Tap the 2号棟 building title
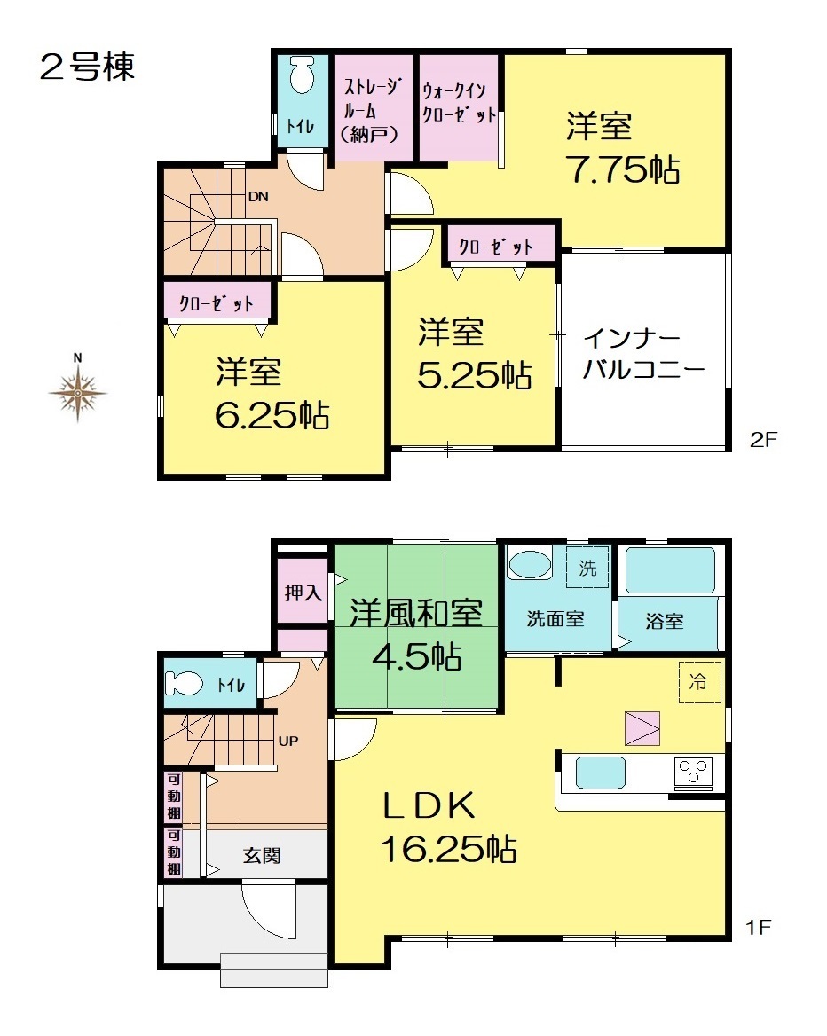(x=87, y=67)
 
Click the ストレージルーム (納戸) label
(x=371, y=110)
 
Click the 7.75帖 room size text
(x=624, y=169)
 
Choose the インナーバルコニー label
(x=642, y=355)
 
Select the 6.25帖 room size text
(x=272, y=415)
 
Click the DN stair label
(x=258, y=196)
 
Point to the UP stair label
(x=288, y=742)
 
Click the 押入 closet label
(x=303, y=593)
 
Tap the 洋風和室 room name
(x=416, y=614)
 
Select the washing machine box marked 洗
(x=587, y=567)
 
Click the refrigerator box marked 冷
(x=699, y=682)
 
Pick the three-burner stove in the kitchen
(x=694, y=773)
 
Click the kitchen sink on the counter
(x=600, y=773)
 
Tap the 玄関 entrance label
(x=262, y=856)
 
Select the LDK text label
(x=429, y=806)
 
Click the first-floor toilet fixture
(x=184, y=683)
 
